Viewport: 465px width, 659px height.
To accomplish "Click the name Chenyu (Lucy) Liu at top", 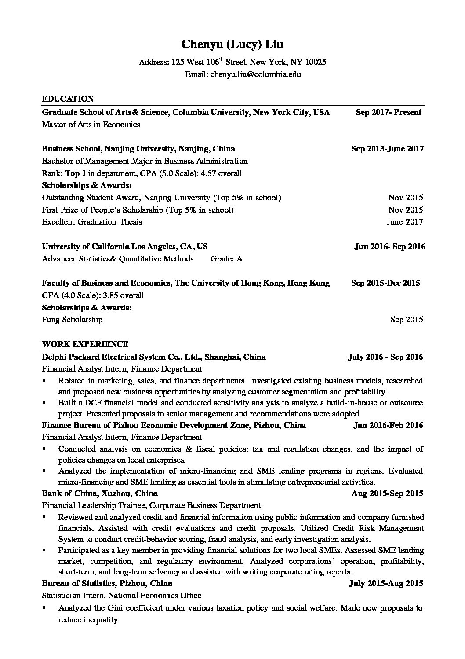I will (232, 44).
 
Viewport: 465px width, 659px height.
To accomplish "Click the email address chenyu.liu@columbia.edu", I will (255, 74).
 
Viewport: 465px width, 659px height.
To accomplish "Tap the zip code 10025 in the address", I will (316, 62).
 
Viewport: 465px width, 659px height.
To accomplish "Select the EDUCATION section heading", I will (68, 99).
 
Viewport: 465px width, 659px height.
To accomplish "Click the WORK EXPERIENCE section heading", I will (85, 344).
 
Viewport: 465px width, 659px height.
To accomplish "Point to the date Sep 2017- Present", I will (389, 112).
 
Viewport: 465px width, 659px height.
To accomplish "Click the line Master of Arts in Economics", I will (91, 125).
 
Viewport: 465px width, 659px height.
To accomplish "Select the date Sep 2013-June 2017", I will (387, 149).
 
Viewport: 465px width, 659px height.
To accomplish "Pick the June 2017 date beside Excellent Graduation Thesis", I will (404, 222).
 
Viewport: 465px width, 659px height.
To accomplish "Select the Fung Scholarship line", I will (72, 320).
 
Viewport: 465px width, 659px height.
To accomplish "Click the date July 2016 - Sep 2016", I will (385, 357).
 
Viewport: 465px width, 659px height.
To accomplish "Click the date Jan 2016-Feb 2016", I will (388, 425).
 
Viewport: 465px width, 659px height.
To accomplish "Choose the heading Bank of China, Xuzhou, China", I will (99, 493).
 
